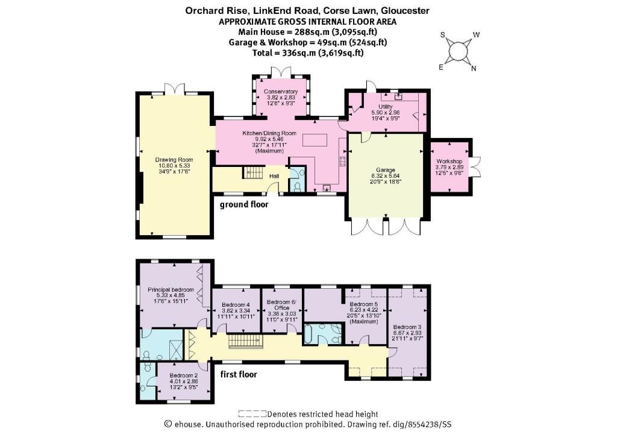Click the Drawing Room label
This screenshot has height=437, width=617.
(174, 160)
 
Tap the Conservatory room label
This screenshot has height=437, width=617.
(281, 92)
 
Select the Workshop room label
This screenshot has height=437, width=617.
(449, 162)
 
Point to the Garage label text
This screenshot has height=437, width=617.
(385, 170)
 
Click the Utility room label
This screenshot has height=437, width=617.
(386, 107)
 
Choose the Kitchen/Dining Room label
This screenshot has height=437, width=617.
(269, 133)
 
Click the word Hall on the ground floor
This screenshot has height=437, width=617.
(274, 176)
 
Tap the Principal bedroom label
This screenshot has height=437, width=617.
(171, 290)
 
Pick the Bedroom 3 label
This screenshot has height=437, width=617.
(407, 327)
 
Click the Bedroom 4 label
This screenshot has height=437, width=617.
(236, 305)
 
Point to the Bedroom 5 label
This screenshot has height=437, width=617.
(363, 304)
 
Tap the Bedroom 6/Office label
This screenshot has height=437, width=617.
(282, 305)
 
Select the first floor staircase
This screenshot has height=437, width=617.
(245, 341)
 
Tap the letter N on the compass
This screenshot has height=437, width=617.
(474, 69)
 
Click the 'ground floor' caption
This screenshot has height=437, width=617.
(244, 204)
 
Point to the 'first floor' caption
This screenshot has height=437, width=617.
(239, 374)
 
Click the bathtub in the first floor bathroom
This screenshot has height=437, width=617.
(308, 335)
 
